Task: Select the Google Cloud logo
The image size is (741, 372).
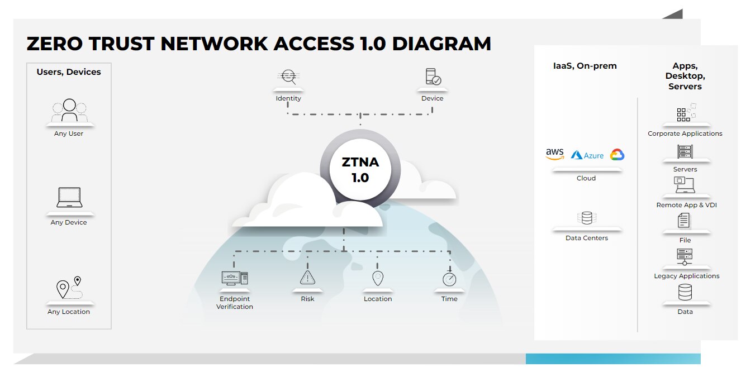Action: point(617,155)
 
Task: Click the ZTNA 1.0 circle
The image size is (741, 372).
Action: point(360,170)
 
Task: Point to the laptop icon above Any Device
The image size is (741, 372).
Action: point(69,198)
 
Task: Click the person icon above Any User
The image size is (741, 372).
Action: point(69,110)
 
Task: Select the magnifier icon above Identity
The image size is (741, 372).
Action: point(288,77)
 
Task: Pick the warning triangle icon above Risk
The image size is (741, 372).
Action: point(307,277)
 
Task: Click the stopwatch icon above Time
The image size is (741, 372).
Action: point(449,278)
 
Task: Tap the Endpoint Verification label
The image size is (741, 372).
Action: point(235,303)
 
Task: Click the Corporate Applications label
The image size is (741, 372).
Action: point(685,133)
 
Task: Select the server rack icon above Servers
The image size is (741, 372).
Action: point(685,151)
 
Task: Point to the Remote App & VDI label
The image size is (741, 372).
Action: point(686,205)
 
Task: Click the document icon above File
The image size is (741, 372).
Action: point(684,221)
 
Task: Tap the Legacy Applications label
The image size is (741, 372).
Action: point(687,276)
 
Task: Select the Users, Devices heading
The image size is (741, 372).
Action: point(69,72)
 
